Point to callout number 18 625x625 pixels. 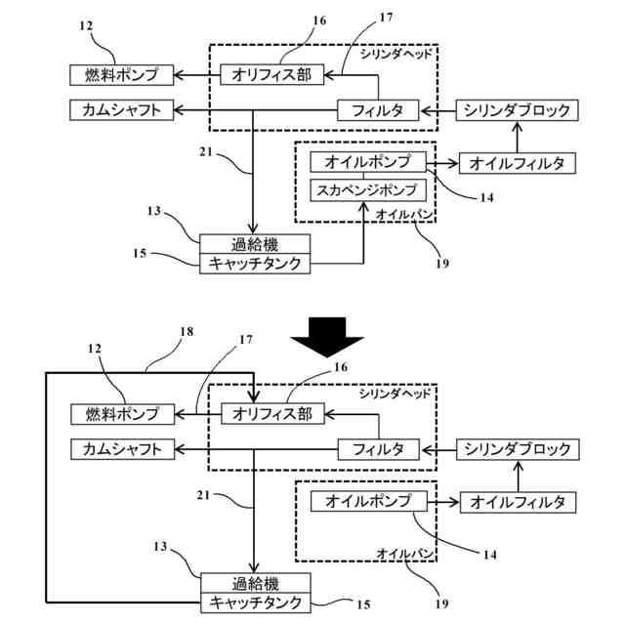point(187,333)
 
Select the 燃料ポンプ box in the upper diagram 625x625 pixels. point(121,74)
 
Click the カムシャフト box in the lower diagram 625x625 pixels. point(122,449)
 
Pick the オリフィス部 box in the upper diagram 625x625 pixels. point(271,74)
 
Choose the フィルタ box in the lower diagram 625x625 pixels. point(378,449)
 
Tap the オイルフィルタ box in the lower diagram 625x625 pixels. point(518,502)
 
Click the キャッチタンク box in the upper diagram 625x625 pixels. point(257,263)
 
